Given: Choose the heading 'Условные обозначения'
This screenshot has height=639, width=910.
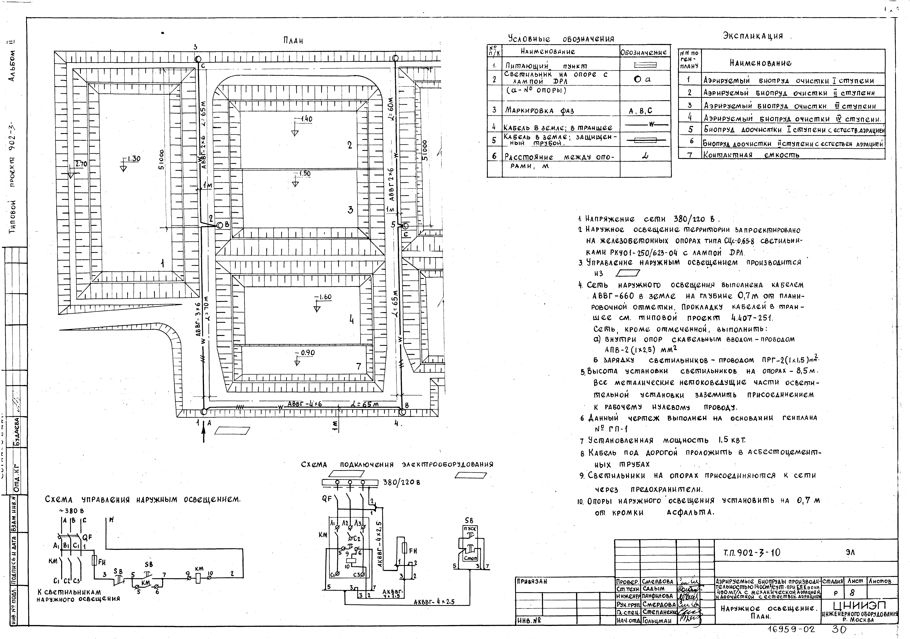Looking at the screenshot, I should [x=561, y=39].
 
